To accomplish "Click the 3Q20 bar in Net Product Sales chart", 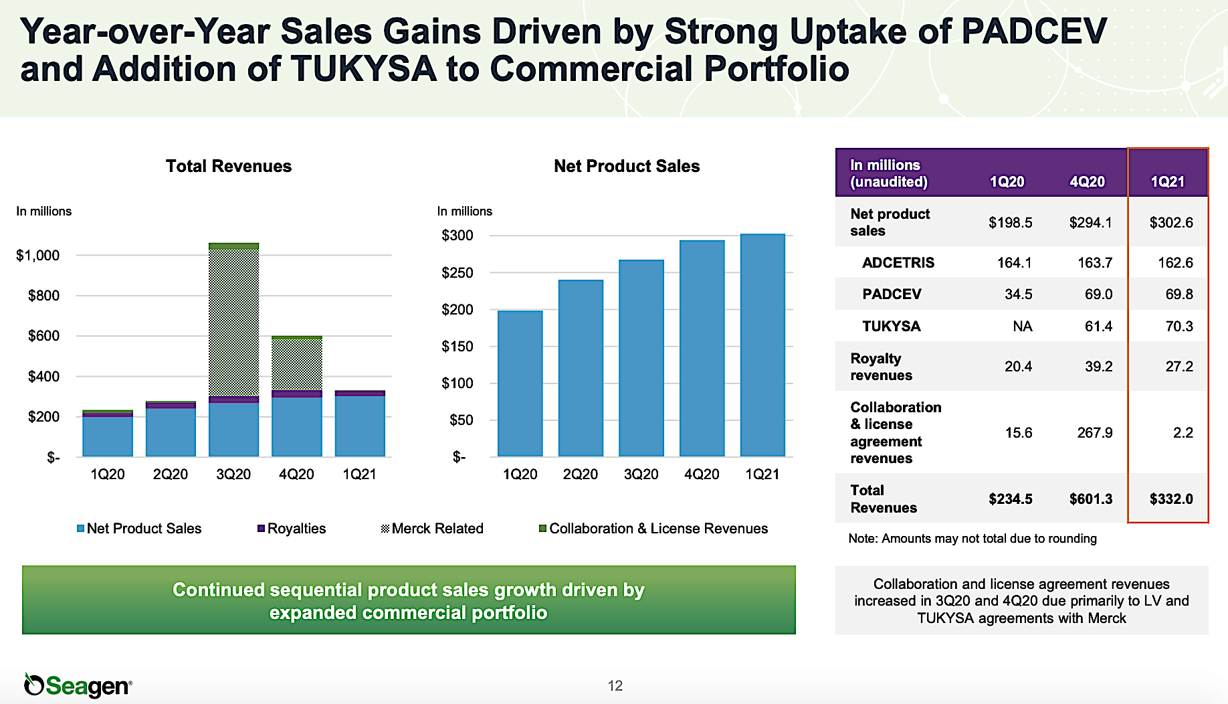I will (641, 358).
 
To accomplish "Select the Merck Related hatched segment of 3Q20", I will (233, 321).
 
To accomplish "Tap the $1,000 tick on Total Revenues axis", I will (38, 255).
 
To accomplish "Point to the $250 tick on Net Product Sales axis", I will (457, 272).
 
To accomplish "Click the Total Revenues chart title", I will (229, 166).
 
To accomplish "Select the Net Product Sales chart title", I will (627, 166).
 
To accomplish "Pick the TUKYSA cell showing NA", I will (1022, 327).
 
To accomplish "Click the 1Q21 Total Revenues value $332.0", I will (1170, 499).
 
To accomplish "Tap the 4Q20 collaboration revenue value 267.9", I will (1094, 433).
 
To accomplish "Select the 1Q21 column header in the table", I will (1167, 181).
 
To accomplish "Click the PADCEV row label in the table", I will (892, 294).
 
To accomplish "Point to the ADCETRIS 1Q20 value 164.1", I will (1014, 263).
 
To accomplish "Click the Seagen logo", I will (78, 685).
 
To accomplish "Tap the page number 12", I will (615, 686).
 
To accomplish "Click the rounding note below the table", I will (972, 539).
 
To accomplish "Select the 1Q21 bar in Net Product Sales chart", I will (762, 345).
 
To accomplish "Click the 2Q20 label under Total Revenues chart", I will (170, 474).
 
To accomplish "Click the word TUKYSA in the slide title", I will (364, 69).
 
